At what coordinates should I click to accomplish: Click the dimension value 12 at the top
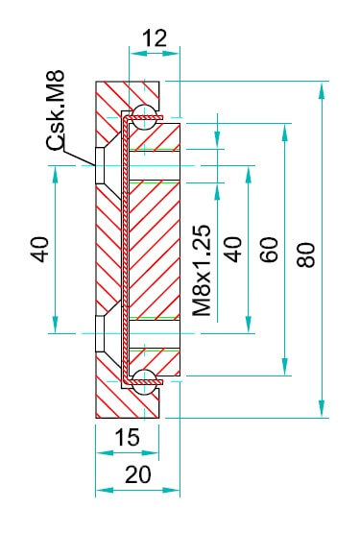coord(155,38)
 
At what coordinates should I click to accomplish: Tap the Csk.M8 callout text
coord(56,110)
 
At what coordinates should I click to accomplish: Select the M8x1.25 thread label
coord(202,271)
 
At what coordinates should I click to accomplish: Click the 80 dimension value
coord(306,254)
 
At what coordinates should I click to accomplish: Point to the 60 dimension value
coord(269,250)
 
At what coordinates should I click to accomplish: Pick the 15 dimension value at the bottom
coord(127,437)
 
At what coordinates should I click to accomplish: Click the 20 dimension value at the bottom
coord(138,474)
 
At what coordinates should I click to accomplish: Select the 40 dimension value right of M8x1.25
coord(233,250)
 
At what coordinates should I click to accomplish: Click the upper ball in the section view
coord(144,117)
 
